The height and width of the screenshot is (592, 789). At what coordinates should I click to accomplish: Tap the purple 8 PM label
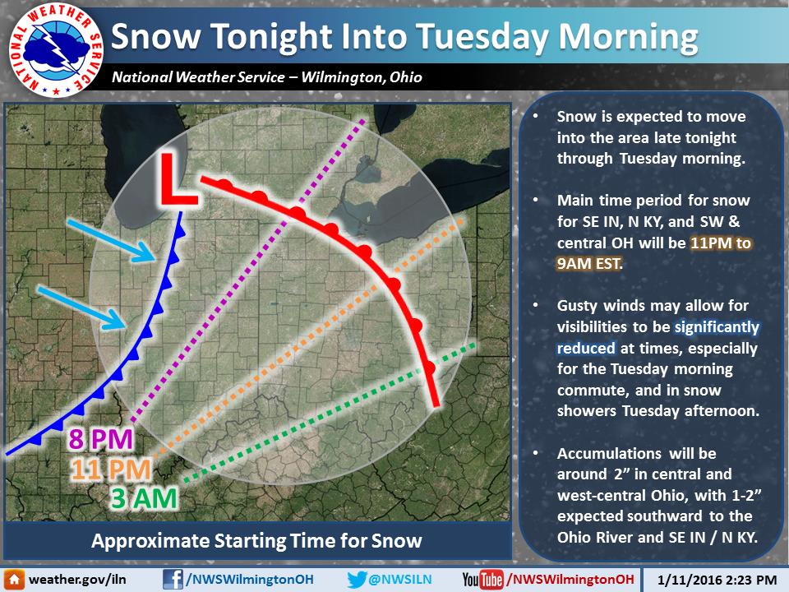click(100, 439)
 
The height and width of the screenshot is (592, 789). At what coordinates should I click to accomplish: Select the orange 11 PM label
click(111, 469)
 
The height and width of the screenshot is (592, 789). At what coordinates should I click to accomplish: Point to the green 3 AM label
click(144, 499)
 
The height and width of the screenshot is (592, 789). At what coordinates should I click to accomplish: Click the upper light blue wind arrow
click(111, 241)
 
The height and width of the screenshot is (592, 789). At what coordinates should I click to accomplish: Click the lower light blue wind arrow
click(81, 308)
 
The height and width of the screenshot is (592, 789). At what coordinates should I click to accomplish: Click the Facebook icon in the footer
click(173, 580)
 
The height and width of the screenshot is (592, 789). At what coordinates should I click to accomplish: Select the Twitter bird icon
click(357, 580)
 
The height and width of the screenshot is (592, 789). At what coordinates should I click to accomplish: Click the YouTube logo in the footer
click(482, 580)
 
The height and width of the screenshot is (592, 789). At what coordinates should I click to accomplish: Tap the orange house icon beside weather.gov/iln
click(14, 580)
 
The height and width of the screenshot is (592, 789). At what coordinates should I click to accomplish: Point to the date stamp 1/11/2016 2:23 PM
click(717, 580)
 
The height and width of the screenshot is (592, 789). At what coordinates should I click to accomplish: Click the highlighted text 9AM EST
click(588, 263)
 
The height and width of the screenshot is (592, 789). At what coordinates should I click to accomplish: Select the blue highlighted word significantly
click(717, 327)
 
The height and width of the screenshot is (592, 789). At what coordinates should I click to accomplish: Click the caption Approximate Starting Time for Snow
click(256, 541)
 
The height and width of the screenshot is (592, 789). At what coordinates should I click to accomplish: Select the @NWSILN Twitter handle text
click(400, 580)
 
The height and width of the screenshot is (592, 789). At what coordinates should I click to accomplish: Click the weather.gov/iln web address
click(77, 580)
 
